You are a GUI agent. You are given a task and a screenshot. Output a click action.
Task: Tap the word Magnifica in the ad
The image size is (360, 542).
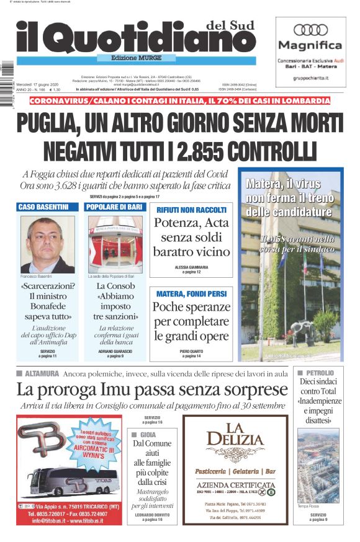(x=310, y=45)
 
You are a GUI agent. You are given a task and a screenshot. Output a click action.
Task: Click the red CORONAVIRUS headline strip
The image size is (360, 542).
(x=179, y=100)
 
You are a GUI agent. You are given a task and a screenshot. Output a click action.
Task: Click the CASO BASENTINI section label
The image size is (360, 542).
(x=43, y=207)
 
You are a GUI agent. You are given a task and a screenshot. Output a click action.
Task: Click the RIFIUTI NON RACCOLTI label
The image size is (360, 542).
(x=191, y=210)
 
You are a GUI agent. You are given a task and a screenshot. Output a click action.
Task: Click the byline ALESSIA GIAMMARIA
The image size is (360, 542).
(x=191, y=267)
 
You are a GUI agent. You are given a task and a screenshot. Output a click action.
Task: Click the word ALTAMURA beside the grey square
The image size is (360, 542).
(x=42, y=374)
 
